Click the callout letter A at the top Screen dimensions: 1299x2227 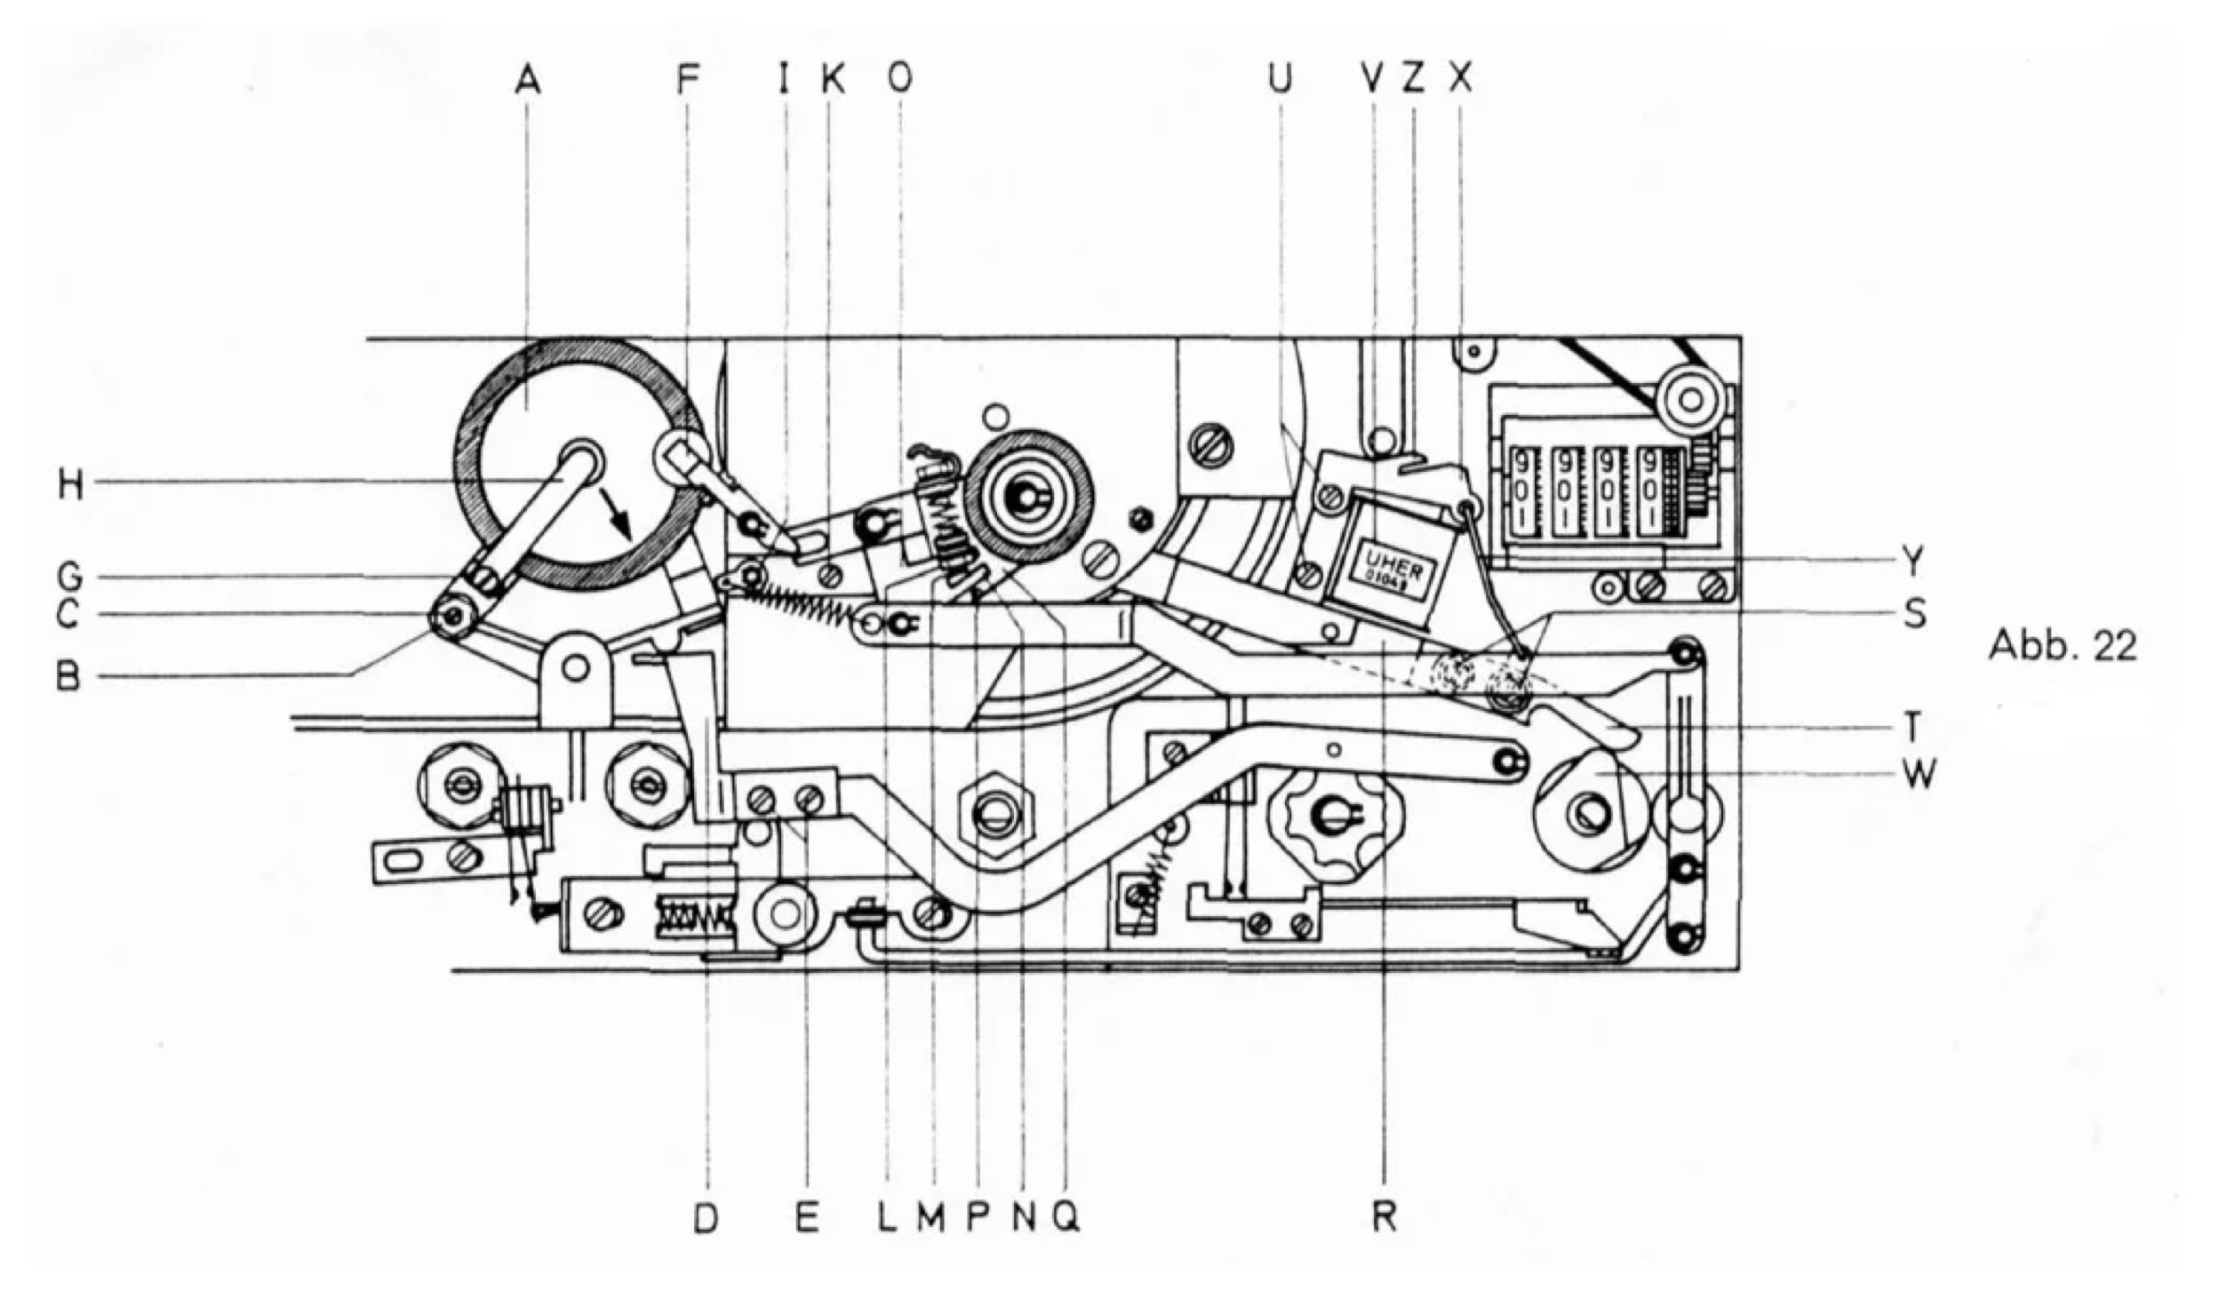point(528,81)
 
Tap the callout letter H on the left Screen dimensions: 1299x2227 point(70,485)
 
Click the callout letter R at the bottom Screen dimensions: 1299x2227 point(1385,1217)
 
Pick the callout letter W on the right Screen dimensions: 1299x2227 point(1920,775)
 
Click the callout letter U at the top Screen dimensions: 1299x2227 point(1280,81)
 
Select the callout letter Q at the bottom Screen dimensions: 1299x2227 point(1066,1217)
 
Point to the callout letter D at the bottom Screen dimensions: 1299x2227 point(706,1217)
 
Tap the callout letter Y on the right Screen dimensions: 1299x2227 point(1912,562)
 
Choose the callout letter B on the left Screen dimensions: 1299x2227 point(69,677)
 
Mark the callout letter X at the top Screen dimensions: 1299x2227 point(1461,81)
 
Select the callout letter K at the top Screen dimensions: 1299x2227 point(833,81)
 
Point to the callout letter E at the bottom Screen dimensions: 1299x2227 point(807,1217)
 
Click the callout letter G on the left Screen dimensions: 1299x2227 point(70,578)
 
